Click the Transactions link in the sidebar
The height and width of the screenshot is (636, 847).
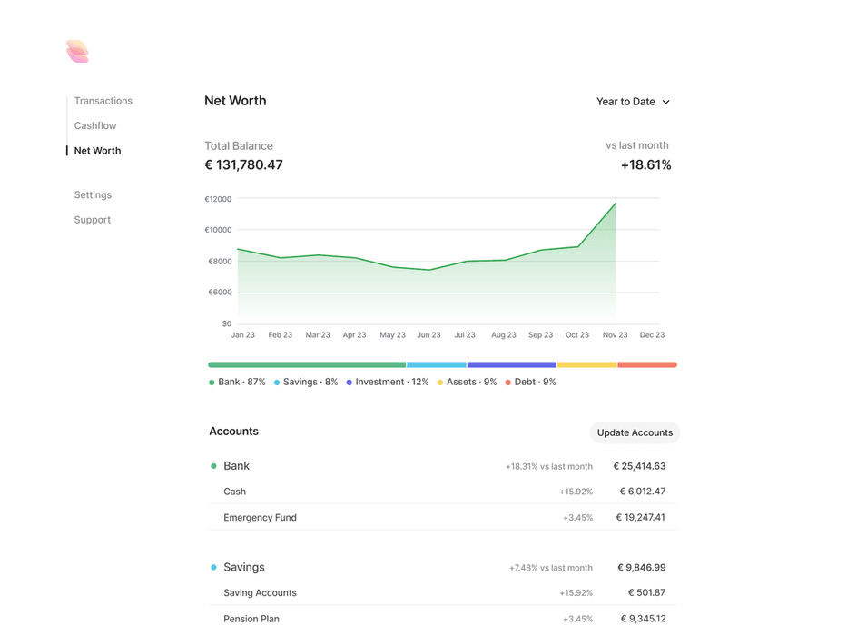click(x=103, y=101)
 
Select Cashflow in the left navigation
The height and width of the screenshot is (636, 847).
click(x=95, y=125)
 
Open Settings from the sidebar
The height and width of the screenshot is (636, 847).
click(x=93, y=194)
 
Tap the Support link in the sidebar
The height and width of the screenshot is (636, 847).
click(x=93, y=220)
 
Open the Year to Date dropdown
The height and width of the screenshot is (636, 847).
click(x=633, y=102)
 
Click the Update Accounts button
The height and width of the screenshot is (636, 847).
click(x=635, y=432)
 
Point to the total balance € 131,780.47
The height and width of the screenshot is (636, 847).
click(x=243, y=165)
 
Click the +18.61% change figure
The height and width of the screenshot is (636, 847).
click(x=645, y=165)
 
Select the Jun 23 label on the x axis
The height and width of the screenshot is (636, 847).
click(x=428, y=335)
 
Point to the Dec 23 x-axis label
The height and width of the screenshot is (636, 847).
click(x=652, y=335)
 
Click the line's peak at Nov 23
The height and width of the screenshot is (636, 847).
click(x=616, y=204)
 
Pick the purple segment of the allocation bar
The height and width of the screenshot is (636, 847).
click(x=511, y=364)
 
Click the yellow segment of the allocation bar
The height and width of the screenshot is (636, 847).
click(x=586, y=364)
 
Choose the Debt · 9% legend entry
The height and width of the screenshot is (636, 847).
click(x=531, y=383)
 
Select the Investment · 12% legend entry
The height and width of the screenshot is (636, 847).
click(x=388, y=383)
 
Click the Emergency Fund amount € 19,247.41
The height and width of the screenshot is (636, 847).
click(x=640, y=518)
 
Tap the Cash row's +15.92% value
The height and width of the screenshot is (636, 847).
click(x=576, y=492)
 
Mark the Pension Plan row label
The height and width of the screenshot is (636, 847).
click(x=251, y=619)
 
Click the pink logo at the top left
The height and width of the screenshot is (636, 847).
click(x=77, y=52)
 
